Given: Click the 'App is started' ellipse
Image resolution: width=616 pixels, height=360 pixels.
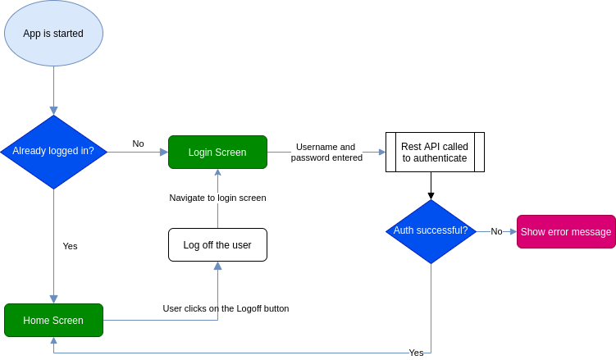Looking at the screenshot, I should point(53,34).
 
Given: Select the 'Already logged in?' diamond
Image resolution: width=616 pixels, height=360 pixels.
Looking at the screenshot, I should point(53,152).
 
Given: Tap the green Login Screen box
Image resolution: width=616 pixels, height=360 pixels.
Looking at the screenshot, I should point(217,153).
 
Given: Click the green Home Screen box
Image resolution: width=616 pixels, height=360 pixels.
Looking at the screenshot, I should point(53,320).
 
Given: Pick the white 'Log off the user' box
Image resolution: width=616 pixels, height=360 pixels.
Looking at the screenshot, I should point(217,244).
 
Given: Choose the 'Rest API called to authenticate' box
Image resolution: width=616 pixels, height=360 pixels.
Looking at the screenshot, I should point(435,152).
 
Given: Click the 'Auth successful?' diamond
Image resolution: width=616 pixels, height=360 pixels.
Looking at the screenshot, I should point(431,231).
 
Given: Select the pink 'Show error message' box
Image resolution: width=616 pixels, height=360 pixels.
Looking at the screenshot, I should point(566,232).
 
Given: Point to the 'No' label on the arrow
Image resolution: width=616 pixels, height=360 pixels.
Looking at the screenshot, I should point(496,231).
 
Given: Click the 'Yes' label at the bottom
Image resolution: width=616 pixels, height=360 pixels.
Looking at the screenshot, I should point(416,353).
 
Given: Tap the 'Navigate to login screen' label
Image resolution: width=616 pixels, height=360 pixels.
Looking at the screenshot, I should point(217,198).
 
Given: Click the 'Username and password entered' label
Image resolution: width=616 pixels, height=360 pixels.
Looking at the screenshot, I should point(326,153).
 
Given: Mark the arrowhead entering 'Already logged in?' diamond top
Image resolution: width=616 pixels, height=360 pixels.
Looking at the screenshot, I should point(53,111).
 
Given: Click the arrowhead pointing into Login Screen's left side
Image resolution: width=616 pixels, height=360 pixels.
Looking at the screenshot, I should point(163,152).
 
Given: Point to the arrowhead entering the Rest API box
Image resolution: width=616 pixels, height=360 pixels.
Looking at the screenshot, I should point(381,152).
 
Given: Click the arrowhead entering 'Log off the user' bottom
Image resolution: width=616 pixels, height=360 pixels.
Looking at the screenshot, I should point(217,266).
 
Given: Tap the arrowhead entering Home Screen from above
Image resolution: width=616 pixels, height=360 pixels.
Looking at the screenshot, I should point(53,299).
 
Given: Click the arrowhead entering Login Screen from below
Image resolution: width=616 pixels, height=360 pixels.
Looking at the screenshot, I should point(217,173).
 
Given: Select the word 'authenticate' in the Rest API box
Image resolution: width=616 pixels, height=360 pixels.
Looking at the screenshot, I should point(435,158).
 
